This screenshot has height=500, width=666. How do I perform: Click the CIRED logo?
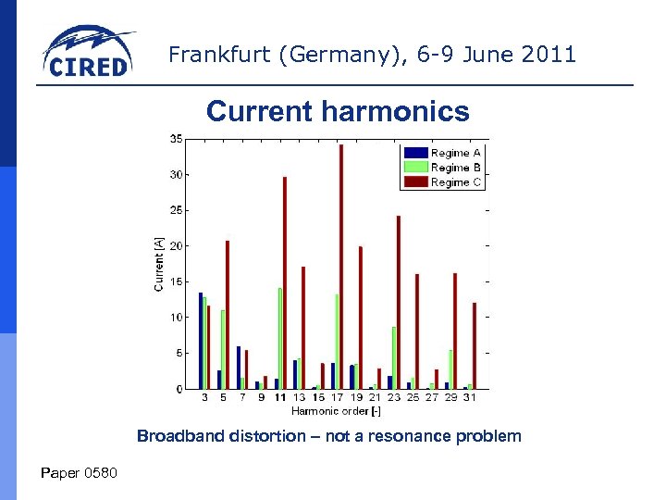(x=89, y=53)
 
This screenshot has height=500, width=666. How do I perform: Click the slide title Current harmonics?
(x=338, y=111)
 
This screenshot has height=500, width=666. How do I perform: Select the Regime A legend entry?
(x=443, y=153)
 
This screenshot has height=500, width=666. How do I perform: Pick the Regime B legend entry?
(x=443, y=168)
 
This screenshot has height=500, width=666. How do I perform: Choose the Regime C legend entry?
(x=443, y=182)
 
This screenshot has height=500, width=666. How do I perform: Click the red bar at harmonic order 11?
(x=285, y=282)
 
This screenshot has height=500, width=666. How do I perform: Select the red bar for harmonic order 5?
(x=228, y=315)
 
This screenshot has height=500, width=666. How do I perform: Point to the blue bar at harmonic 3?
(x=201, y=341)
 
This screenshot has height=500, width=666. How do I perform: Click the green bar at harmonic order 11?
(x=279, y=338)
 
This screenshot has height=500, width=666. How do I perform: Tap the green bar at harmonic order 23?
(x=393, y=357)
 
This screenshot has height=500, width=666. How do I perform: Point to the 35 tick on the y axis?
(x=175, y=139)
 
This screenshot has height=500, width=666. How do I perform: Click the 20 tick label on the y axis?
(x=175, y=246)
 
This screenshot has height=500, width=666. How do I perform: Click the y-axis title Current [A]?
(x=159, y=264)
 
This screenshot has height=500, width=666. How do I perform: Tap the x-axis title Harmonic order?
(x=336, y=410)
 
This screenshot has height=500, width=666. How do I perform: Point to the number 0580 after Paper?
(x=99, y=474)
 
